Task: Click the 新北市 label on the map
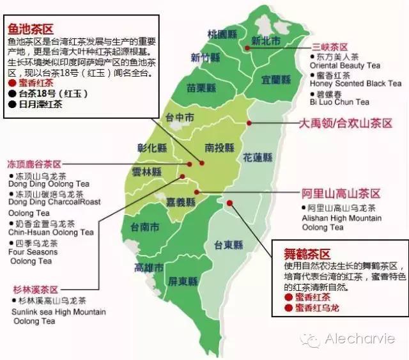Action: point(266,40)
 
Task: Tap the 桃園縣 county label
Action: point(222,34)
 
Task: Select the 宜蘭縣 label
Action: point(276,79)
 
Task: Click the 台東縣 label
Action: point(228,244)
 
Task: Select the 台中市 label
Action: point(180,118)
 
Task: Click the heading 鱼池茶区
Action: point(31,29)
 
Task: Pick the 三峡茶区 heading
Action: point(330,47)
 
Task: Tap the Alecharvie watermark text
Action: point(359,338)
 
